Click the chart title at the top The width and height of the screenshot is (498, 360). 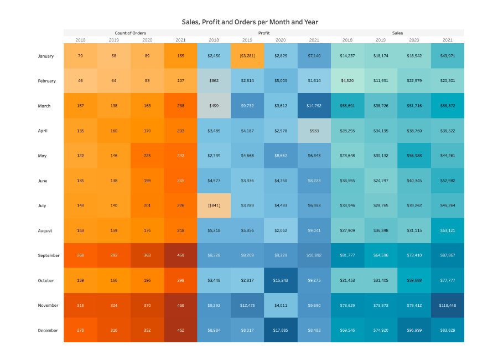(x=250, y=22)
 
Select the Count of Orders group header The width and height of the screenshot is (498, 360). (x=130, y=33)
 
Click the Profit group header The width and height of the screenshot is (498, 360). (x=264, y=33)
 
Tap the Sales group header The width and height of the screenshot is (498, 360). (x=397, y=33)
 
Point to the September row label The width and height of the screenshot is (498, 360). (x=49, y=255)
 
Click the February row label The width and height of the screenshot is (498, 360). (x=47, y=81)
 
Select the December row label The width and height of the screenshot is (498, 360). (x=48, y=330)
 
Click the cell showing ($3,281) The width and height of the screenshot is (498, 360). (x=247, y=56)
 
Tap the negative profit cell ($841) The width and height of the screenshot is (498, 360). (x=214, y=205)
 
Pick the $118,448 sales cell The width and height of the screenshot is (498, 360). (x=447, y=305)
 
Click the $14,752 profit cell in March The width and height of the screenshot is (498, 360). (x=314, y=106)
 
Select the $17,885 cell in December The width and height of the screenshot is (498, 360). (x=281, y=330)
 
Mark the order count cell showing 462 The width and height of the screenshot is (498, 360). (x=180, y=330)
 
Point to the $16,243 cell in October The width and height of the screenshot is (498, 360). (x=281, y=280)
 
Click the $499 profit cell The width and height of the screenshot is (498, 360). (x=214, y=106)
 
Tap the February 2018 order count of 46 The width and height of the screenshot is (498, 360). (x=80, y=81)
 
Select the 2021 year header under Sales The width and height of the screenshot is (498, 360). (x=447, y=40)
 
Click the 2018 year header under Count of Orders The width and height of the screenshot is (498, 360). (x=80, y=40)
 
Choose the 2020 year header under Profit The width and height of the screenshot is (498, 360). (x=281, y=40)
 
